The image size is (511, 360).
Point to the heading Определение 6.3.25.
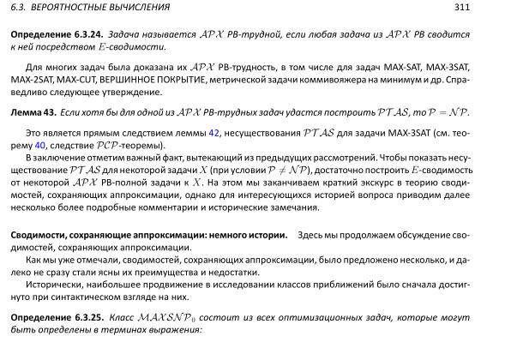tap(52, 317)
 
